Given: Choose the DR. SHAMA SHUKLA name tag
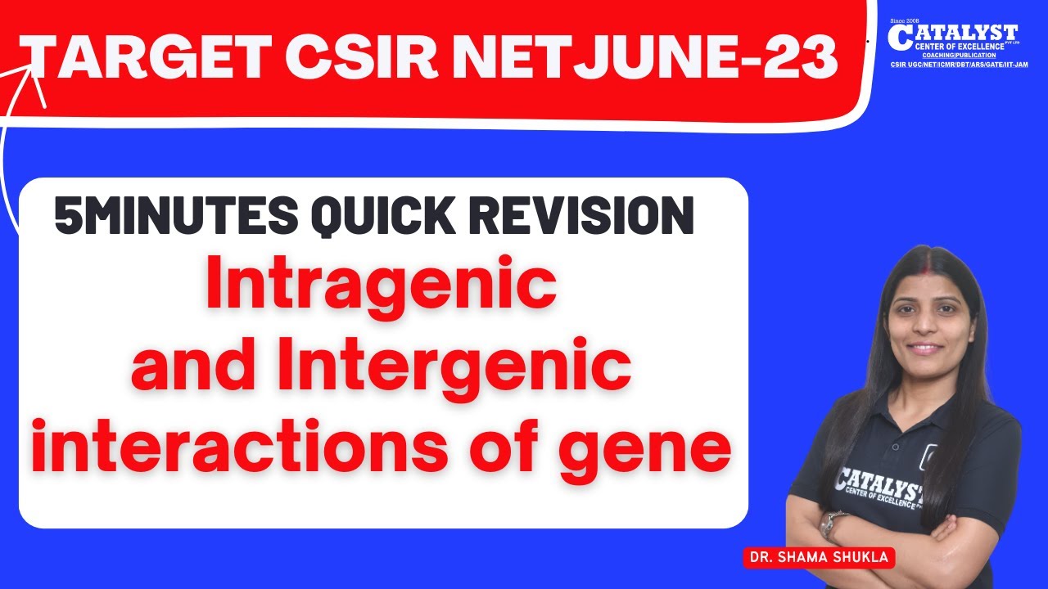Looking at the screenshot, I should click(x=819, y=557).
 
